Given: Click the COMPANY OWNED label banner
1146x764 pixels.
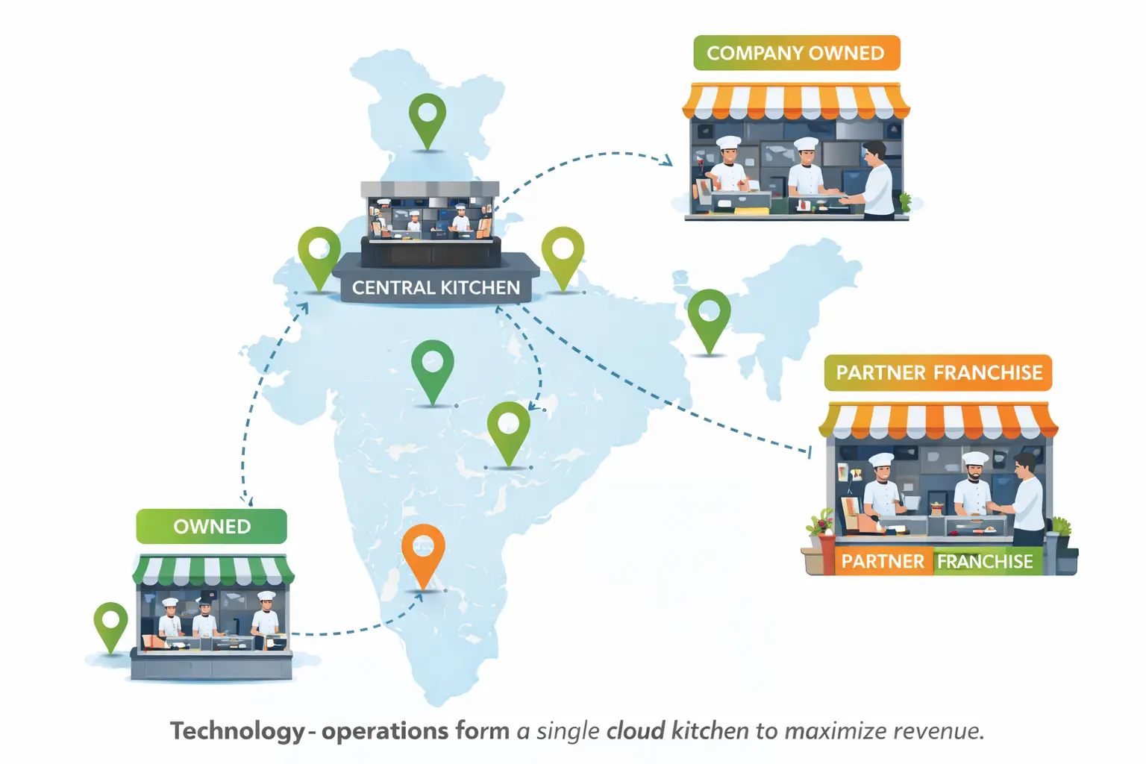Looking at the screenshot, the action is pyautogui.click(x=796, y=54).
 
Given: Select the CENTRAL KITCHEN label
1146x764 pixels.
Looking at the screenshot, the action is pyautogui.click(x=436, y=288).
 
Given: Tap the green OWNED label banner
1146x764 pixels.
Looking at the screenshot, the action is pyautogui.click(x=211, y=527).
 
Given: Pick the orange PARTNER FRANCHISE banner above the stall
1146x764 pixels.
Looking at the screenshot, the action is pyautogui.click(x=938, y=373).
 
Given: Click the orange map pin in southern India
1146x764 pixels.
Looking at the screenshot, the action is pyautogui.click(x=423, y=552).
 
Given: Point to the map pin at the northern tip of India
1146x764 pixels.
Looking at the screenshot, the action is pyautogui.click(x=428, y=119).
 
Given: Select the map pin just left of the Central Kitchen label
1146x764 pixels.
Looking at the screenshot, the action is pyautogui.click(x=319, y=254).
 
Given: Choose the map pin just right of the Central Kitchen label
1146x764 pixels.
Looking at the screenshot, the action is pyautogui.click(x=563, y=254).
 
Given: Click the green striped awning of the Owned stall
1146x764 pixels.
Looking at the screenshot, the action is pyautogui.click(x=213, y=571).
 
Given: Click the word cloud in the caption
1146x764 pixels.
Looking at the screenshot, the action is pyautogui.click(x=635, y=731).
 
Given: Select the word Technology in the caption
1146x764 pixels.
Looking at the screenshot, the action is pyautogui.click(x=237, y=731).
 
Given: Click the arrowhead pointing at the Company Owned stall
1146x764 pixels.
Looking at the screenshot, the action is pyautogui.click(x=666, y=160).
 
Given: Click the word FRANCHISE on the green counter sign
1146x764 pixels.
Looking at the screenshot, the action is pyautogui.click(x=985, y=562).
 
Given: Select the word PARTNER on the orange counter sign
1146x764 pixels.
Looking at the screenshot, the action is pyautogui.click(x=883, y=562).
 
